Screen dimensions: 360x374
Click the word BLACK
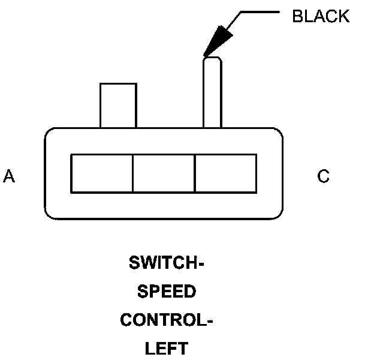[x=320, y=16]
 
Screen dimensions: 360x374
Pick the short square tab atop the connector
[x=118, y=106]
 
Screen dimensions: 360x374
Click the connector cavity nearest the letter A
[x=101, y=174]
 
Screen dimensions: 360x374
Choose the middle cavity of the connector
[x=164, y=174]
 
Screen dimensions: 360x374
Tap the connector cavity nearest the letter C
[x=226, y=174]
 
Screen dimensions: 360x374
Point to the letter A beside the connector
[x=9, y=176]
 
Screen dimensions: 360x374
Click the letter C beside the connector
[x=323, y=176]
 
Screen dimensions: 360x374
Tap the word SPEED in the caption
[x=167, y=292]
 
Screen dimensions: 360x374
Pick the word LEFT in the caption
[x=167, y=348]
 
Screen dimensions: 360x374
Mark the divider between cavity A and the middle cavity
[x=132, y=174]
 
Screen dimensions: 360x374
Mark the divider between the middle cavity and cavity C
[x=195, y=174]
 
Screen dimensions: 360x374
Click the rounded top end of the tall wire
[x=212, y=59]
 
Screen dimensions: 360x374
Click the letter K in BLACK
[x=343, y=16]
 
